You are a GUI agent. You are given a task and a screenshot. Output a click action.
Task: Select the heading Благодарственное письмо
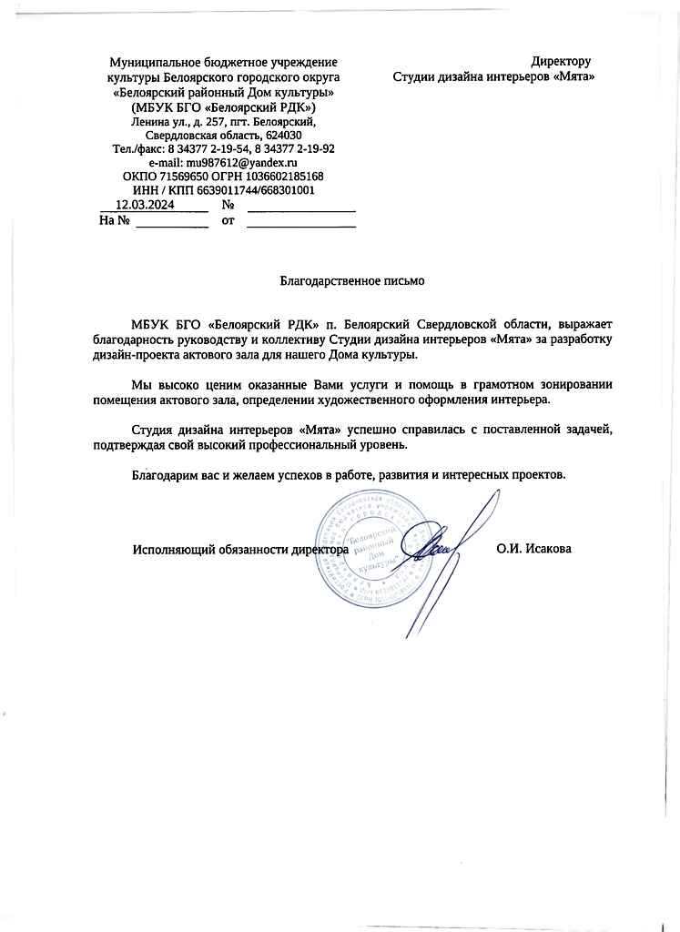351,281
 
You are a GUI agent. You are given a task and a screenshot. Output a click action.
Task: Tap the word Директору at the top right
561,62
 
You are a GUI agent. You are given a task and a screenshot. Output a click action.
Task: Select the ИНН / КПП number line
223,190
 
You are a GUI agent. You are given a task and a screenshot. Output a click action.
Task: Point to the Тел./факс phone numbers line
223,148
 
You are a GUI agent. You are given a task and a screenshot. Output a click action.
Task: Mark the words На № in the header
114,220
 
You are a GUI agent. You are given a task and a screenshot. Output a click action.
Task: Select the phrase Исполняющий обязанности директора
240,550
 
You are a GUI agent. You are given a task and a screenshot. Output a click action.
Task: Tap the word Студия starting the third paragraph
152,431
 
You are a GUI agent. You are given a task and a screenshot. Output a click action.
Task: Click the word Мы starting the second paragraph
140,385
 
